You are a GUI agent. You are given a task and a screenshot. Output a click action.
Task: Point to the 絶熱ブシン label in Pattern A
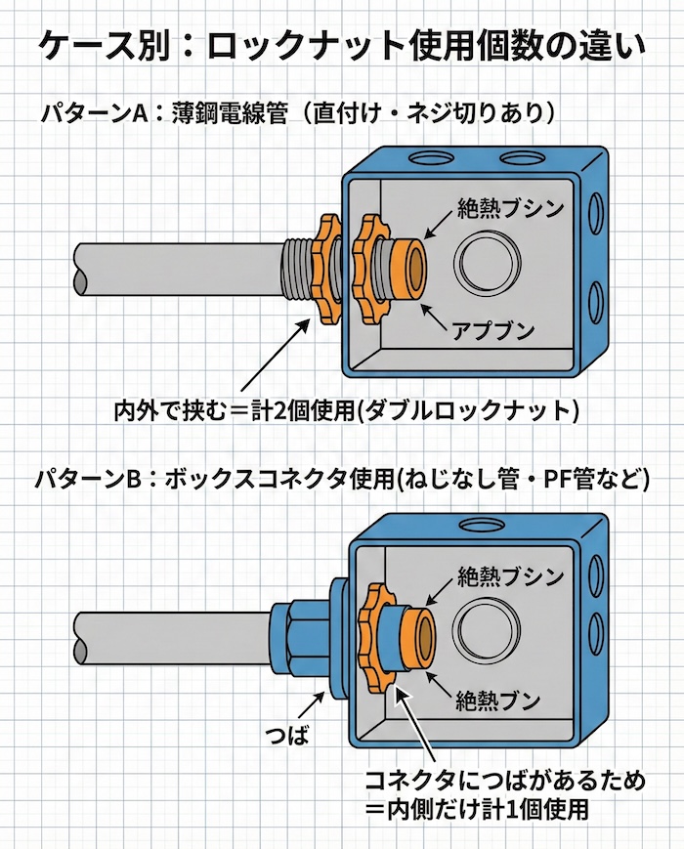click(x=509, y=208)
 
